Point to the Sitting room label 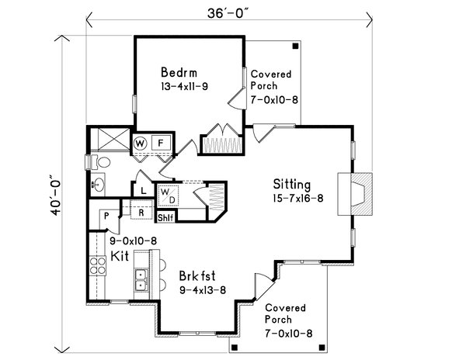pyautogui.click(x=291, y=185)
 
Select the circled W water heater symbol pyautogui.click(x=141, y=143)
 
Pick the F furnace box pyautogui.click(x=161, y=143)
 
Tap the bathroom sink pyautogui.click(x=98, y=185)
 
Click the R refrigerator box pyautogui.click(x=142, y=210)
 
